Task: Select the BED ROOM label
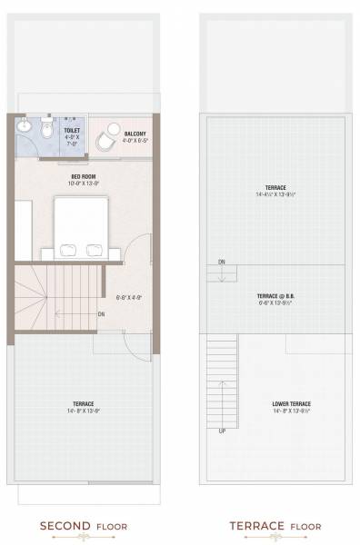(84, 177)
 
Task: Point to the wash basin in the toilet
(25, 125)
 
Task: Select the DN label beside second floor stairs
(102, 314)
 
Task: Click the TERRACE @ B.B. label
(272, 296)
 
